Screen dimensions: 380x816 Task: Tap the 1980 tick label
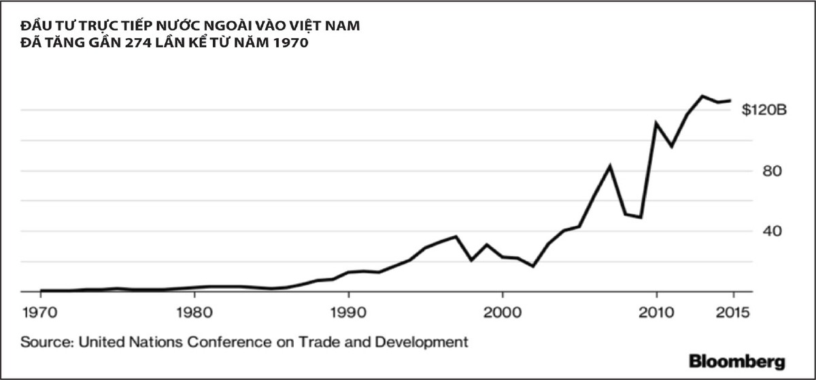194,314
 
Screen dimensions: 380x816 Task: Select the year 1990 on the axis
348,314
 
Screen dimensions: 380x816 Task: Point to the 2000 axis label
502,314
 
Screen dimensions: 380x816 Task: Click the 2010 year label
656,314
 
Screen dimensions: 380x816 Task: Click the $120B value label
764,110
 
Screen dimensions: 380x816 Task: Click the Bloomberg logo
736,361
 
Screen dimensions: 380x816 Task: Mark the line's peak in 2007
610,165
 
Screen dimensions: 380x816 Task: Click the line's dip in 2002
533,266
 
